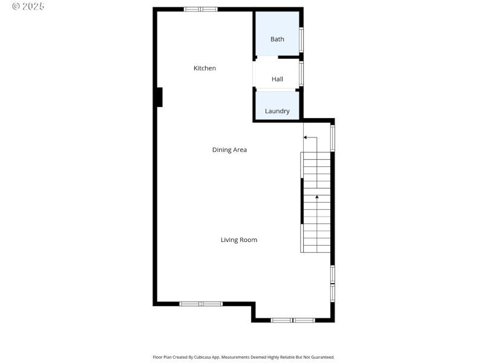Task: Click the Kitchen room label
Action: (x=204, y=68)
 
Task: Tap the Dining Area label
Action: (x=229, y=150)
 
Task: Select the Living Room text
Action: (x=238, y=240)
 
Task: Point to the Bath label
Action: (x=277, y=39)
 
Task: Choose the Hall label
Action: (x=277, y=79)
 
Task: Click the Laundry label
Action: (x=277, y=111)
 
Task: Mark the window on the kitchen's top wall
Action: (x=201, y=9)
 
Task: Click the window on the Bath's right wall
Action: (x=301, y=39)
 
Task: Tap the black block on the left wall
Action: (x=159, y=97)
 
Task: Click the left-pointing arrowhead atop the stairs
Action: (x=306, y=138)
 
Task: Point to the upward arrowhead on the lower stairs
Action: (x=316, y=197)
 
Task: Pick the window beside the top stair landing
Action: (x=332, y=138)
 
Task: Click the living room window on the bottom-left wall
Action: (x=201, y=304)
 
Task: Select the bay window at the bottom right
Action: (x=293, y=319)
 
